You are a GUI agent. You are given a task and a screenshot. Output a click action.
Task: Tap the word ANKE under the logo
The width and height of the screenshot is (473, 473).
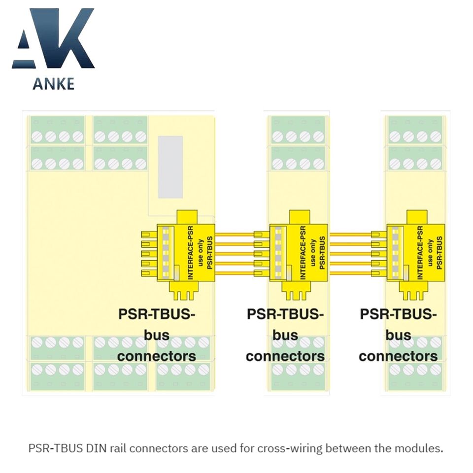coord(53,83)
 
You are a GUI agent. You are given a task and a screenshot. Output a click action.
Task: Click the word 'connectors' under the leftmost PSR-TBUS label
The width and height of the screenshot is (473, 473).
coord(157,355)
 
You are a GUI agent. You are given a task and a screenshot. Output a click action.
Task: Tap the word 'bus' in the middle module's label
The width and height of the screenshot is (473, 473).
coord(285,335)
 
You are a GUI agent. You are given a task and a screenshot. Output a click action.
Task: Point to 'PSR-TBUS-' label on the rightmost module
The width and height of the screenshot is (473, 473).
coord(398,314)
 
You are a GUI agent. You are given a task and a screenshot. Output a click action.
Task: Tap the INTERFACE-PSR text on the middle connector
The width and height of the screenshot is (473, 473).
coord(303,252)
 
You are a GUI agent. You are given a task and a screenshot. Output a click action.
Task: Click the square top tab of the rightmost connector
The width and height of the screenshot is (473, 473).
coord(416,217)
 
